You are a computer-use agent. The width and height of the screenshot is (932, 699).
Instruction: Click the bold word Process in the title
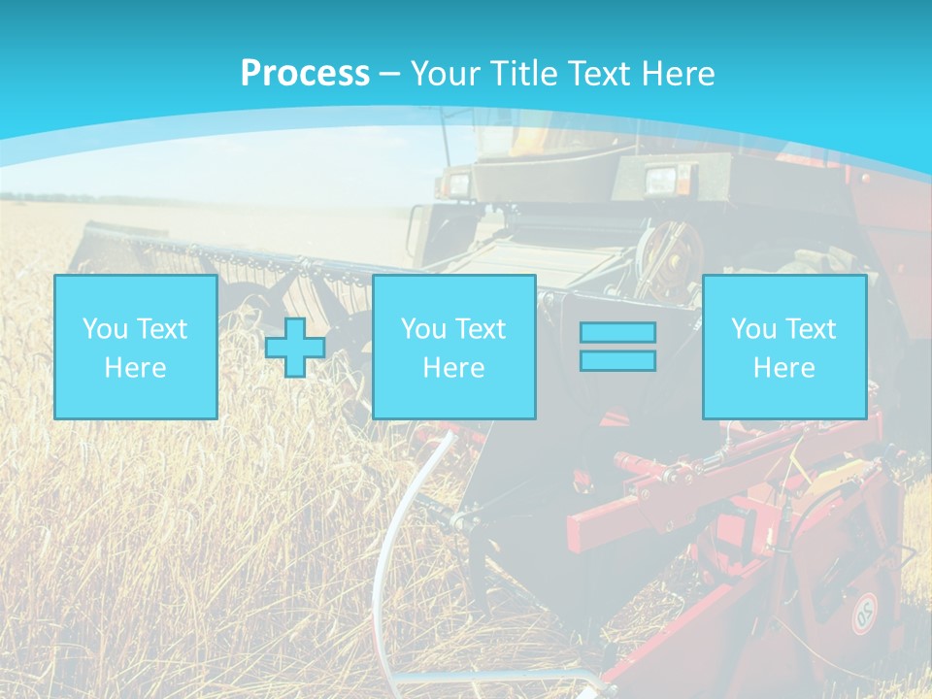(x=305, y=74)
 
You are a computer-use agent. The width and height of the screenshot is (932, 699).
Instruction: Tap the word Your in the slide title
(x=446, y=74)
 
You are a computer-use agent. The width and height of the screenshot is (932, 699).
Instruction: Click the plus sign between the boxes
(x=295, y=347)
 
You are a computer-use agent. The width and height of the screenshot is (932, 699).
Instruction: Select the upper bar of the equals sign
(x=617, y=332)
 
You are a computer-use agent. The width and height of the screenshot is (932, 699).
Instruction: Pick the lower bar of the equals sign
(x=617, y=360)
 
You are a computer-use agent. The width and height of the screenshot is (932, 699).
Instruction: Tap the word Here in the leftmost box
(x=135, y=368)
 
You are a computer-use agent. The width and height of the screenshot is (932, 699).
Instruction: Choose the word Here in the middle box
(x=453, y=368)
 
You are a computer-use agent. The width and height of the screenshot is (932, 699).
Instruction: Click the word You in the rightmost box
(x=753, y=328)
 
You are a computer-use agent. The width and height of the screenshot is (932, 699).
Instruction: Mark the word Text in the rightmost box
(x=810, y=328)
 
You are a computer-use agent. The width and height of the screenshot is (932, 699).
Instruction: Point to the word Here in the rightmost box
(x=783, y=368)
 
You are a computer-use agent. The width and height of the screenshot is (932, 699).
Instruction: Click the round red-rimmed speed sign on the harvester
(x=864, y=613)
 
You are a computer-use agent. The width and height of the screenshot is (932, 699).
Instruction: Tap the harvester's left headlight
(x=456, y=181)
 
